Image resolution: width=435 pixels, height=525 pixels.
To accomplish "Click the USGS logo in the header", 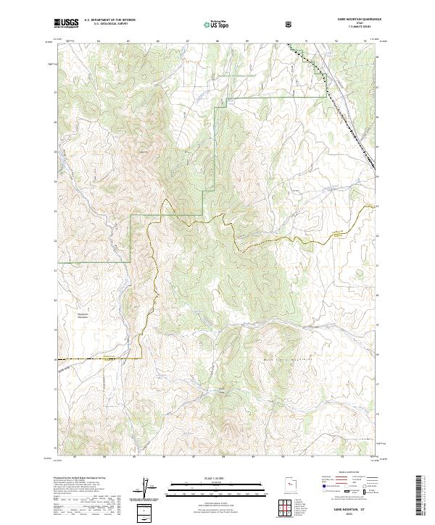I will point(67,22).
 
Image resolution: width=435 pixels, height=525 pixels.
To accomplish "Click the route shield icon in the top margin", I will point(289,23).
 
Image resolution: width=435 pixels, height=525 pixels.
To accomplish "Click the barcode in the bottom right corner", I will point(420,494).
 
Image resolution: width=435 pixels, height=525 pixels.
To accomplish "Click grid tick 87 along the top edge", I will point(187,42).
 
